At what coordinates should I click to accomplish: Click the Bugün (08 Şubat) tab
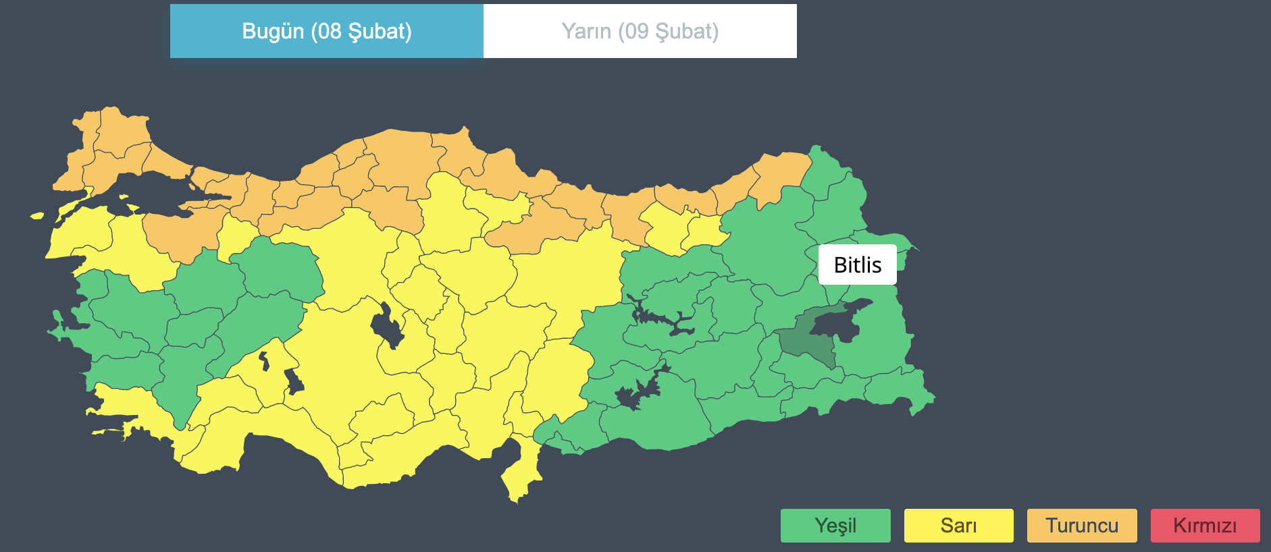(327, 31)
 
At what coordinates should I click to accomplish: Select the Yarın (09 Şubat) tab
(640, 31)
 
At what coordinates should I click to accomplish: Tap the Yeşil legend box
(835, 526)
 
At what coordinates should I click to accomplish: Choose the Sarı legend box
(958, 526)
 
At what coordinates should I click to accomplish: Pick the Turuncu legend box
(1082, 526)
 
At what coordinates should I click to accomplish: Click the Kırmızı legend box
(1205, 526)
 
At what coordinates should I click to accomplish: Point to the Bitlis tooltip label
(857, 265)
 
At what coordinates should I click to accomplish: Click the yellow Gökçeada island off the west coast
(36, 216)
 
